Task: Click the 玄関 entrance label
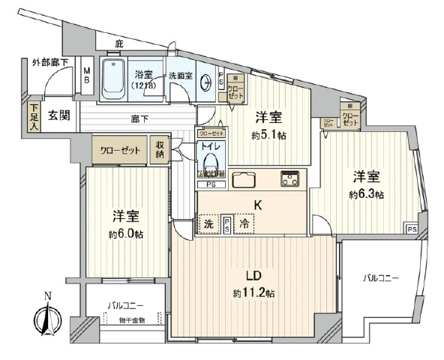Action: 61,115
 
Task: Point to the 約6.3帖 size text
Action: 366,194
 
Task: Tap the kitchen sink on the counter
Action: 245,181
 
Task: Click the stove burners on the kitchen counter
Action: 289,179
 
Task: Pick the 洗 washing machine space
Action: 207,223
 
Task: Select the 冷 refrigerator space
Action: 244,223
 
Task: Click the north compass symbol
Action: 46,320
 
